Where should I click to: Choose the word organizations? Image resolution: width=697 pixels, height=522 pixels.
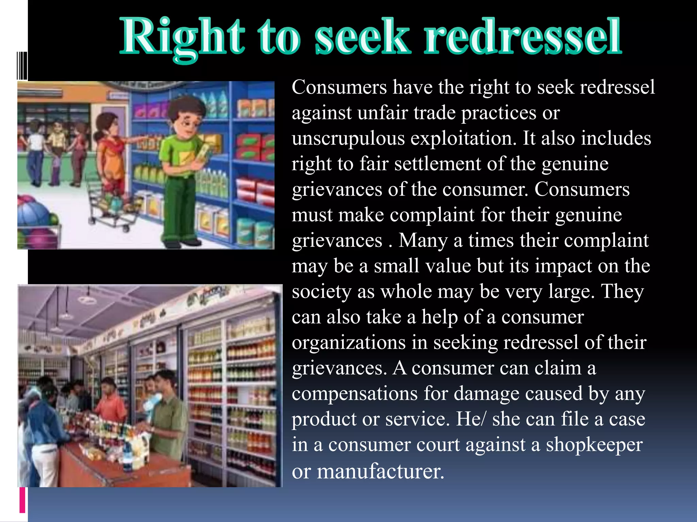(x=348, y=343)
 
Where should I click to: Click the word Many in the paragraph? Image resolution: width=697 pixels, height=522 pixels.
(x=423, y=241)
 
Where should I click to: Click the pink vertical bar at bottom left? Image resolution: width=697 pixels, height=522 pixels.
(x=22, y=500)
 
